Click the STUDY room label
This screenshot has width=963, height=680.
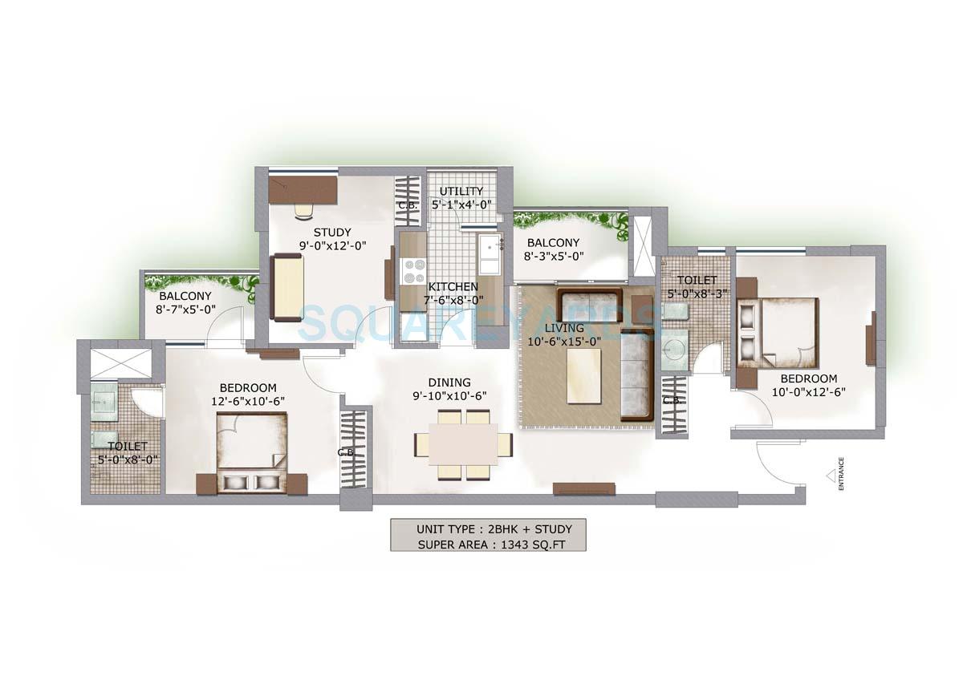tap(309, 233)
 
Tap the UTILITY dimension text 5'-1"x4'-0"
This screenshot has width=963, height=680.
tap(461, 204)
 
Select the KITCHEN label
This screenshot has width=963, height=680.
tap(453, 287)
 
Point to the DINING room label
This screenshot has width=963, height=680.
tap(449, 382)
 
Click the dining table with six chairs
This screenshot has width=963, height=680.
tap(464, 444)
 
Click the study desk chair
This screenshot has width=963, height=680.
tap(303, 209)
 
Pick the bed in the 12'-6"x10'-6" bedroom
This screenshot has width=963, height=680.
tap(250, 452)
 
